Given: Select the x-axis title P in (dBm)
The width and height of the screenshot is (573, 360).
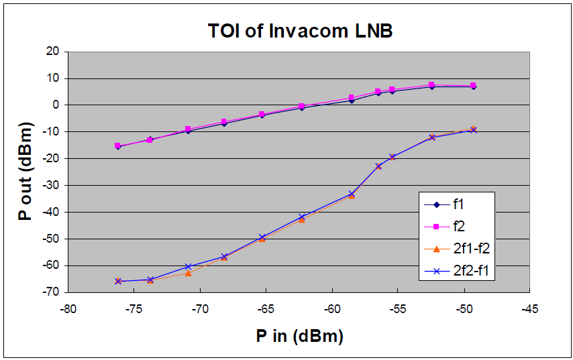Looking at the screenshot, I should [x=299, y=336].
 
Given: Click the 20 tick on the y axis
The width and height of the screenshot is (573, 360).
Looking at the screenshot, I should [x=52, y=52].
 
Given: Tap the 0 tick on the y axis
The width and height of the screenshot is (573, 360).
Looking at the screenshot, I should [x=56, y=105].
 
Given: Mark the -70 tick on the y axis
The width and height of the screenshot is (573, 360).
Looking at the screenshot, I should [x=51, y=292].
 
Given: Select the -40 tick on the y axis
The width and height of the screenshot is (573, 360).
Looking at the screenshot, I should [x=51, y=212].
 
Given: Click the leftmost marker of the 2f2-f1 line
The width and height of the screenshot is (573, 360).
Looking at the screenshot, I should [x=118, y=282].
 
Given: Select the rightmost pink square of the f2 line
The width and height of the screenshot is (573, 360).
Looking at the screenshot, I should [x=473, y=86].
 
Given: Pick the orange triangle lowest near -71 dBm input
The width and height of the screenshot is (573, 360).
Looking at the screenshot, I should [x=188, y=273].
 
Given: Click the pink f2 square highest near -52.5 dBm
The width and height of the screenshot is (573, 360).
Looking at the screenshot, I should [x=431, y=85].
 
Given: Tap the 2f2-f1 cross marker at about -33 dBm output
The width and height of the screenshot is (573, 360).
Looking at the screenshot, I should [x=351, y=194].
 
